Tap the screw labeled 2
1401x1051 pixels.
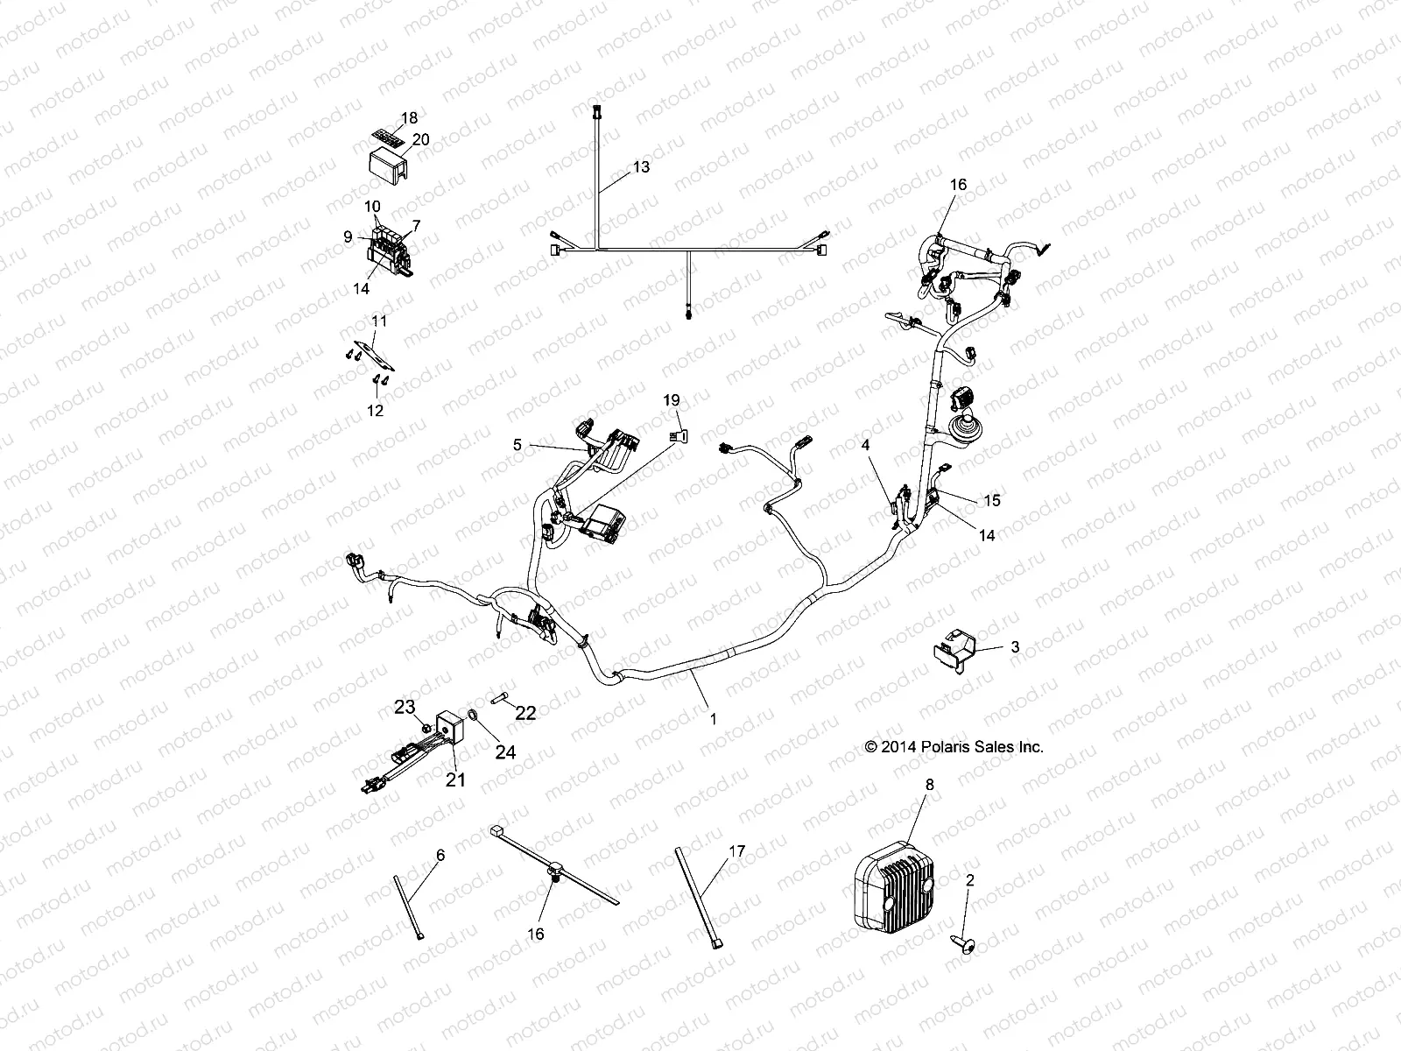(957, 943)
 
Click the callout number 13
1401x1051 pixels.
(641, 166)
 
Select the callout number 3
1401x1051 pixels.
(1015, 647)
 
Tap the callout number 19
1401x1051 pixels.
(671, 400)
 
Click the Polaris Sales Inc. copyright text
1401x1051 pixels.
(954, 747)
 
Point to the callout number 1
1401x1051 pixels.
(713, 718)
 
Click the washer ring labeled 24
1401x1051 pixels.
(473, 716)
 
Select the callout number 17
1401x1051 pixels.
(736, 850)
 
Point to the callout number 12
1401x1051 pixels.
(376, 409)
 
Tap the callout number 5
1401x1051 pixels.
(517, 445)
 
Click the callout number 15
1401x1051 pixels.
(991, 501)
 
